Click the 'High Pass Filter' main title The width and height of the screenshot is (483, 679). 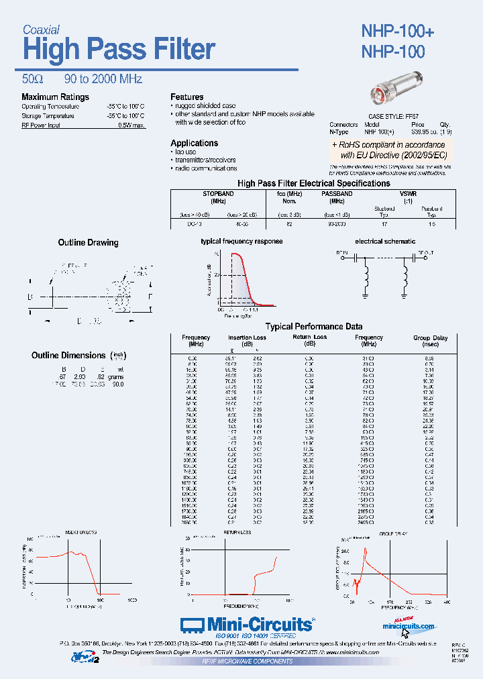119,50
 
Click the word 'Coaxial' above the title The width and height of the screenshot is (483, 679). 41,30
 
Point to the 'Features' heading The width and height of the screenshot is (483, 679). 186,97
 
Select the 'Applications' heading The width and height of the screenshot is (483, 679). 194,143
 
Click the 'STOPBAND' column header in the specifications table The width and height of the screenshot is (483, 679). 218,194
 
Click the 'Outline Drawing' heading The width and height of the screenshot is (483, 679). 88,243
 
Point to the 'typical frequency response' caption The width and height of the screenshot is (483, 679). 241,241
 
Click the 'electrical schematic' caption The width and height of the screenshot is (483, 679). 384,241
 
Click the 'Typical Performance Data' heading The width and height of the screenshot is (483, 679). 314,327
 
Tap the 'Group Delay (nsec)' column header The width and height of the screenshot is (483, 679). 430,341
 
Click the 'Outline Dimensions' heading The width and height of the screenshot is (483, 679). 68,356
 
